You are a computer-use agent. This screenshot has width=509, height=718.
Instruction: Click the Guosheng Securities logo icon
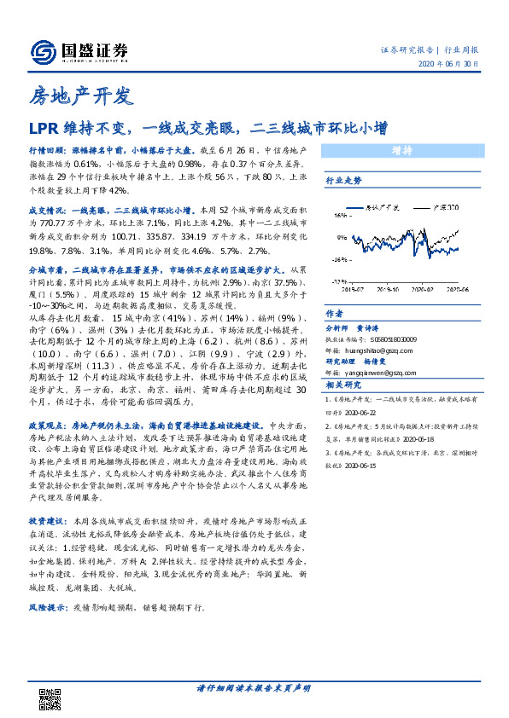(41, 50)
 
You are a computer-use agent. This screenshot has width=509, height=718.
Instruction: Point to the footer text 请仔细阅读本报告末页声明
(254, 688)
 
